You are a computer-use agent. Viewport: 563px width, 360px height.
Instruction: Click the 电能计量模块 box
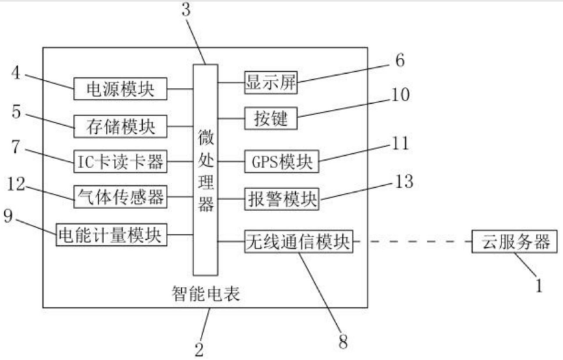click(x=111, y=236)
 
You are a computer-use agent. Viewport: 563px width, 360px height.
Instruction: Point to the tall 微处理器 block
click(x=206, y=167)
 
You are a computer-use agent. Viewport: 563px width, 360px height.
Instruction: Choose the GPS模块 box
click(x=281, y=162)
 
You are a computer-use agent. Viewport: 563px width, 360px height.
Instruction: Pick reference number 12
click(x=18, y=182)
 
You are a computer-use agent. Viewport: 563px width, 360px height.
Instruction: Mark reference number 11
click(x=400, y=143)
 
